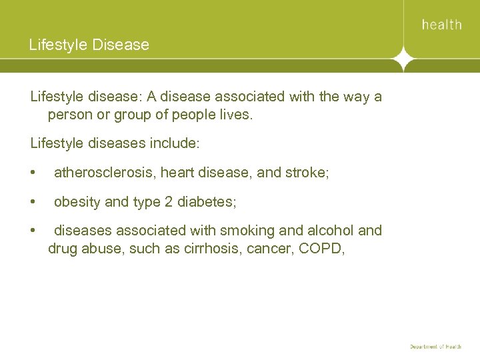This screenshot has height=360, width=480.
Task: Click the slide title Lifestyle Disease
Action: pyautogui.click(x=89, y=45)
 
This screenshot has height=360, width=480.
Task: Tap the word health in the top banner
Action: pyautogui.click(x=441, y=25)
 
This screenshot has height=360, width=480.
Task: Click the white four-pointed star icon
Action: pyautogui.click(x=403, y=59)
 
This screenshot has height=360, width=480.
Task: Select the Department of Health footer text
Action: pyautogui.click(x=435, y=347)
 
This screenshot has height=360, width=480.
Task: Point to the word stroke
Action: pyautogui.click(x=305, y=173)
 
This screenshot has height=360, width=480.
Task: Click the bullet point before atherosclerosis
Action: pyautogui.click(x=33, y=173)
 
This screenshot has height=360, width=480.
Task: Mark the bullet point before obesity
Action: pyautogui.click(x=33, y=202)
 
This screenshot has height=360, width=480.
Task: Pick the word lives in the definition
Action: pyautogui.click(x=234, y=115)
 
